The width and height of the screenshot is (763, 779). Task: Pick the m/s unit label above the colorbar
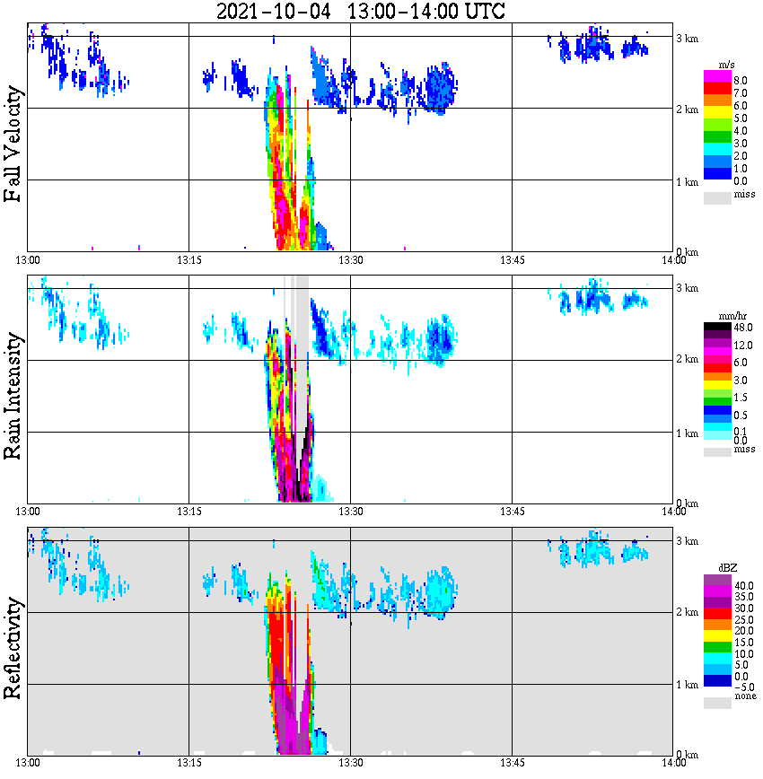[728, 66]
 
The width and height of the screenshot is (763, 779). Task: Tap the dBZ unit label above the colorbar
[728, 569]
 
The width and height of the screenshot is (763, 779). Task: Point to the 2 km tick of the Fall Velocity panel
[687, 109]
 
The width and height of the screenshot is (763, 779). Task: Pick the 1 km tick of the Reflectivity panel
[687, 685]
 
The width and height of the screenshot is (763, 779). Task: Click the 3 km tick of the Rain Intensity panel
[687, 289]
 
